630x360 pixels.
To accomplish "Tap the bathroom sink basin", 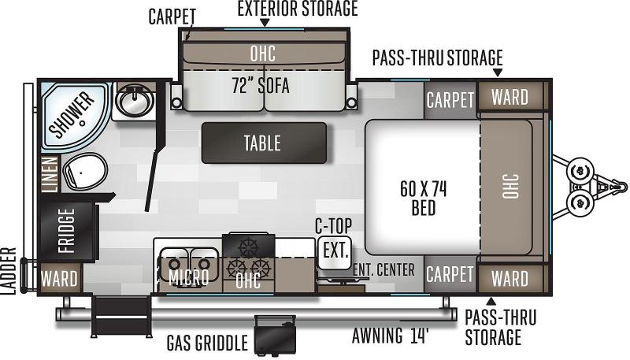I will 133,101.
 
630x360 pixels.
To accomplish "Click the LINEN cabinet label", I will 49,174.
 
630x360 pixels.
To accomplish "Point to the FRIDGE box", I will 67,229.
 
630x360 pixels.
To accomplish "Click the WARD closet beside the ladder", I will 59,278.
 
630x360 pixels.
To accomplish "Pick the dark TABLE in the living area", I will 263,143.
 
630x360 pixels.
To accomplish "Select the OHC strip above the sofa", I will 262,53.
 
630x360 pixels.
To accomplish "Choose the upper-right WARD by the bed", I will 510,98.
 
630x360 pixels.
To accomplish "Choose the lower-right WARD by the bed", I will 510,277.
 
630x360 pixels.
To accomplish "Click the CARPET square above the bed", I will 450,100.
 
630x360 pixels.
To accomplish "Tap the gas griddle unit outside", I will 273,335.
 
